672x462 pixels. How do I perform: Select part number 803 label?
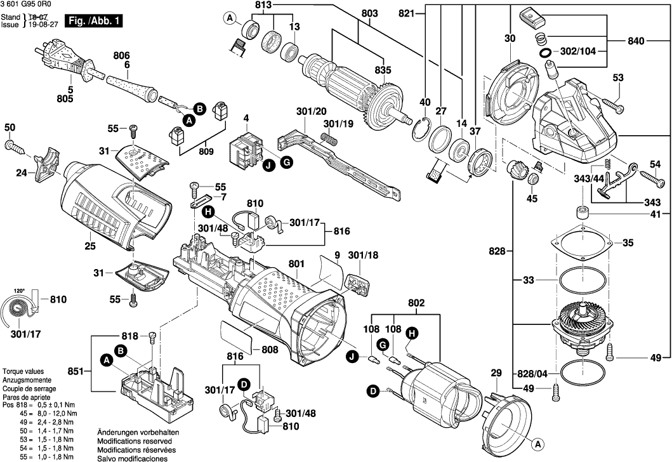[369, 14]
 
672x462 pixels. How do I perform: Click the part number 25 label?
[89, 246]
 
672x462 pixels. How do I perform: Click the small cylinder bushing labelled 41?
[581, 213]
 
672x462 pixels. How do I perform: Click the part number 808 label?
[269, 349]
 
